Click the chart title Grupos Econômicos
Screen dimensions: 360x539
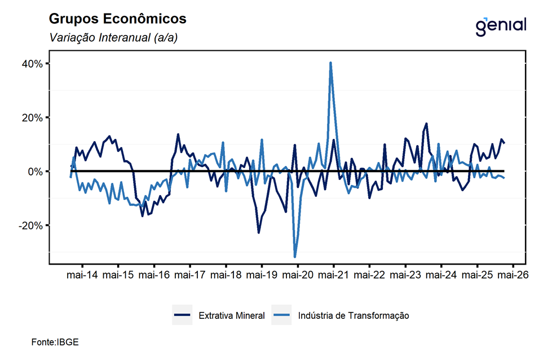117,19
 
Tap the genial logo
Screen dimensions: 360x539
501,25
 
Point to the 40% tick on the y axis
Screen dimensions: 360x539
32,64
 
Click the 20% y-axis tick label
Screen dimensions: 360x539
32,117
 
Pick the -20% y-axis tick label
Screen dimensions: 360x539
31,225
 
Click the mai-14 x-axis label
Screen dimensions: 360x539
82,275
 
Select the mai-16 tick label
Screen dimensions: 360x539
154,275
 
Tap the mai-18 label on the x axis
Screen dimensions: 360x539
226,275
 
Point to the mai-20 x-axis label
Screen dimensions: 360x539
297,275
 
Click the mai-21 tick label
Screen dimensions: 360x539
333,275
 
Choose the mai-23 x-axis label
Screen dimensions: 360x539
405,275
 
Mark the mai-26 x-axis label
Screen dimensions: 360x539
512,275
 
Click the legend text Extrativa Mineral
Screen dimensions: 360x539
231,315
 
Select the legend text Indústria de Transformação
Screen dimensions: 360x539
354,315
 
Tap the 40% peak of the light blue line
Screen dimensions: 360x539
330,63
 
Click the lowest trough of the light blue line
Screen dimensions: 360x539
295,257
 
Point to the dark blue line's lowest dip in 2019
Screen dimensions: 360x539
259,232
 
